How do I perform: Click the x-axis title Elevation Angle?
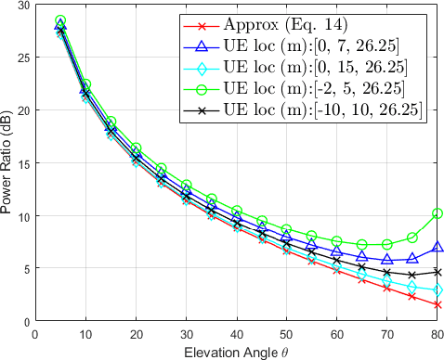pyautogui.click(x=237, y=352)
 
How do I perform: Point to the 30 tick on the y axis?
pyautogui.click(x=24, y=5)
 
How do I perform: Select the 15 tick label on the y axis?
pyautogui.click(x=24, y=163)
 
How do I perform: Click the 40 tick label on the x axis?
pyautogui.click(x=237, y=334)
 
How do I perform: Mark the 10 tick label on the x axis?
pyautogui.click(x=85, y=334)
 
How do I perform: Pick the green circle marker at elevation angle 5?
pyautogui.click(x=60, y=20)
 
